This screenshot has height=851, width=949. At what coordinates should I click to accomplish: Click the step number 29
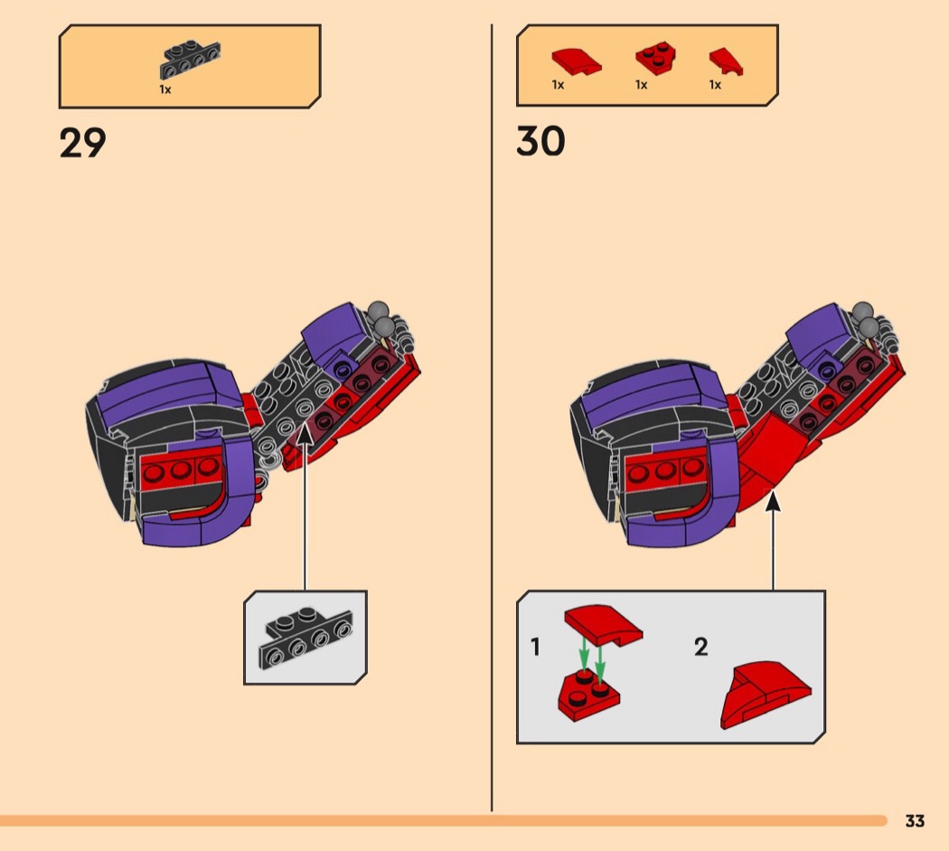click(82, 143)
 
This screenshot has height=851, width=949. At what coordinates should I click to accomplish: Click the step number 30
click(540, 142)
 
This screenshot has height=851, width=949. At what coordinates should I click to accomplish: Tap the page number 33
click(915, 821)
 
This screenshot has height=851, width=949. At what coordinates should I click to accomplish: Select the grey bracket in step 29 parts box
click(190, 60)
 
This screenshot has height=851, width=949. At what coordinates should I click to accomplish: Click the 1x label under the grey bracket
click(165, 89)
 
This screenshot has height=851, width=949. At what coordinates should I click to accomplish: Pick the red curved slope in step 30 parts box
click(575, 62)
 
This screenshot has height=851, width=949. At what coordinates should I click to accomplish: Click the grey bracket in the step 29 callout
click(305, 636)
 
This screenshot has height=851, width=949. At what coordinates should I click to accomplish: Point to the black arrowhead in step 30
click(773, 500)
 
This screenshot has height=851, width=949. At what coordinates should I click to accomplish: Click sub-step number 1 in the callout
click(535, 647)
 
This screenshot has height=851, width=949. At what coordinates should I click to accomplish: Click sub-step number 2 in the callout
click(701, 647)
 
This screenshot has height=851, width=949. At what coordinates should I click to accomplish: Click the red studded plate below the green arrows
click(587, 693)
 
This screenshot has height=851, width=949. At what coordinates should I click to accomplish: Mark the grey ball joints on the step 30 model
click(865, 318)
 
